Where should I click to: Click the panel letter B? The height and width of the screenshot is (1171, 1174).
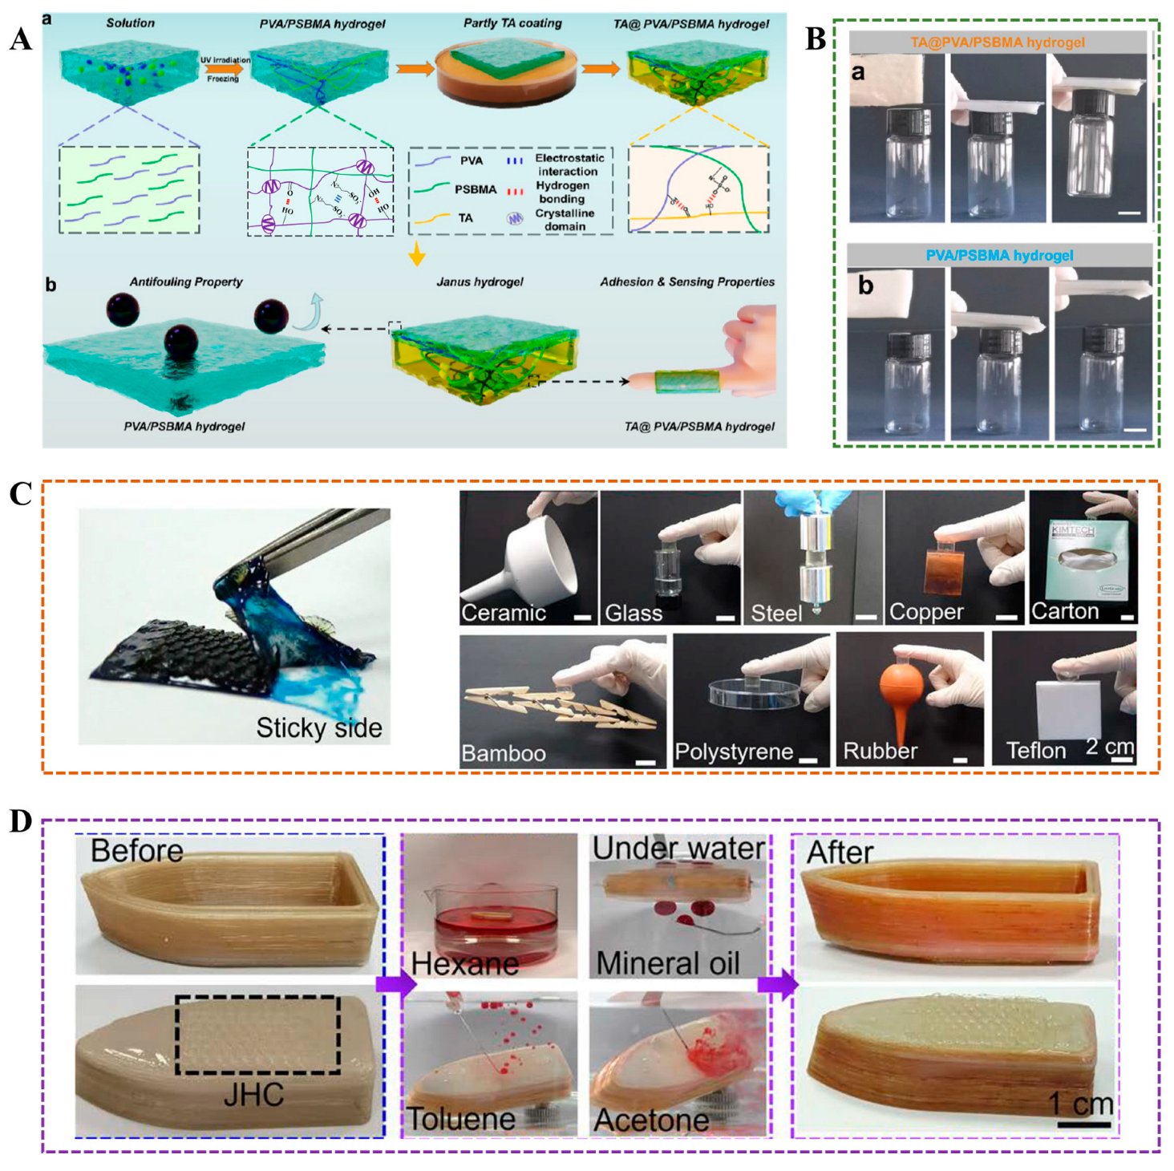815,38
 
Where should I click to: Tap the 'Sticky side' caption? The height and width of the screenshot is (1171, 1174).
318,727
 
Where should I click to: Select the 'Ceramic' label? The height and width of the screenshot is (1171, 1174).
503,613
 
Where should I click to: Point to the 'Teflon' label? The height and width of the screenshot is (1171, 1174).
1035,751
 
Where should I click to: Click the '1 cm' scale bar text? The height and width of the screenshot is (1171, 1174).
1081,1104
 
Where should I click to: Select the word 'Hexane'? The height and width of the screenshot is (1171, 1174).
465,963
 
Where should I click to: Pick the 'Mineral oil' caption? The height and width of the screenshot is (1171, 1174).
668,963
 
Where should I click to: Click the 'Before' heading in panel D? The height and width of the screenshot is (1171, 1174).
136,850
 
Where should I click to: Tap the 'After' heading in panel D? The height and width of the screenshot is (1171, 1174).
840,852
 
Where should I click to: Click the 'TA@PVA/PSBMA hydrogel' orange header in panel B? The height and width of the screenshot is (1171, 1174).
998,43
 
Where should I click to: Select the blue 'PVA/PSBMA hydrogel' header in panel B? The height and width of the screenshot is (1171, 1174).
999,256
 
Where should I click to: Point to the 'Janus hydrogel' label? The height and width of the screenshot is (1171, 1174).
480,282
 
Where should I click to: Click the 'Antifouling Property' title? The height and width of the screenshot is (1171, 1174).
186,282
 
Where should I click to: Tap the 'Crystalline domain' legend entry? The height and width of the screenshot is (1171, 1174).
565,220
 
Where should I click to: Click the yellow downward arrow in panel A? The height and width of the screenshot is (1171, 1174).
416,254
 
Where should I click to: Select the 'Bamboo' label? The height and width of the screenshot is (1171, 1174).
504,753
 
